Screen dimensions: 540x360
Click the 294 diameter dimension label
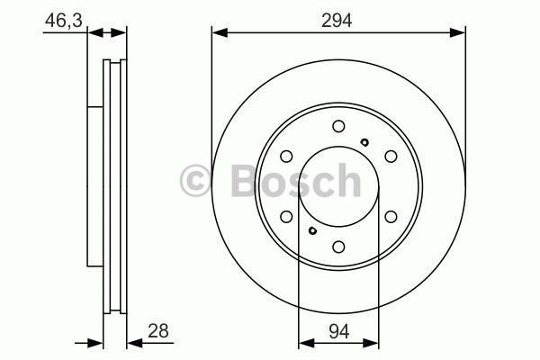tap(337, 21)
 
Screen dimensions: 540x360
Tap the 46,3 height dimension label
tap(64, 21)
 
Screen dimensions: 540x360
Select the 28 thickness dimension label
tap(158, 330)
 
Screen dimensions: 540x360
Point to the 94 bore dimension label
tap(339, 332)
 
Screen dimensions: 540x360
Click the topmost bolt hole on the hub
tap(338, 126)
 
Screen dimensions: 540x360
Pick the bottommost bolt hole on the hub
tap(338, 247)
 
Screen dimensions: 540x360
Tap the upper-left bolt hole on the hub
tap(286, 157)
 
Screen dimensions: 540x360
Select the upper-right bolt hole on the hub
tap(391, 157)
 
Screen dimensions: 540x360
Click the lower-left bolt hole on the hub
tap(286, 217)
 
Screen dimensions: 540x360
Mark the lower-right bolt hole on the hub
tap(391, 217)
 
